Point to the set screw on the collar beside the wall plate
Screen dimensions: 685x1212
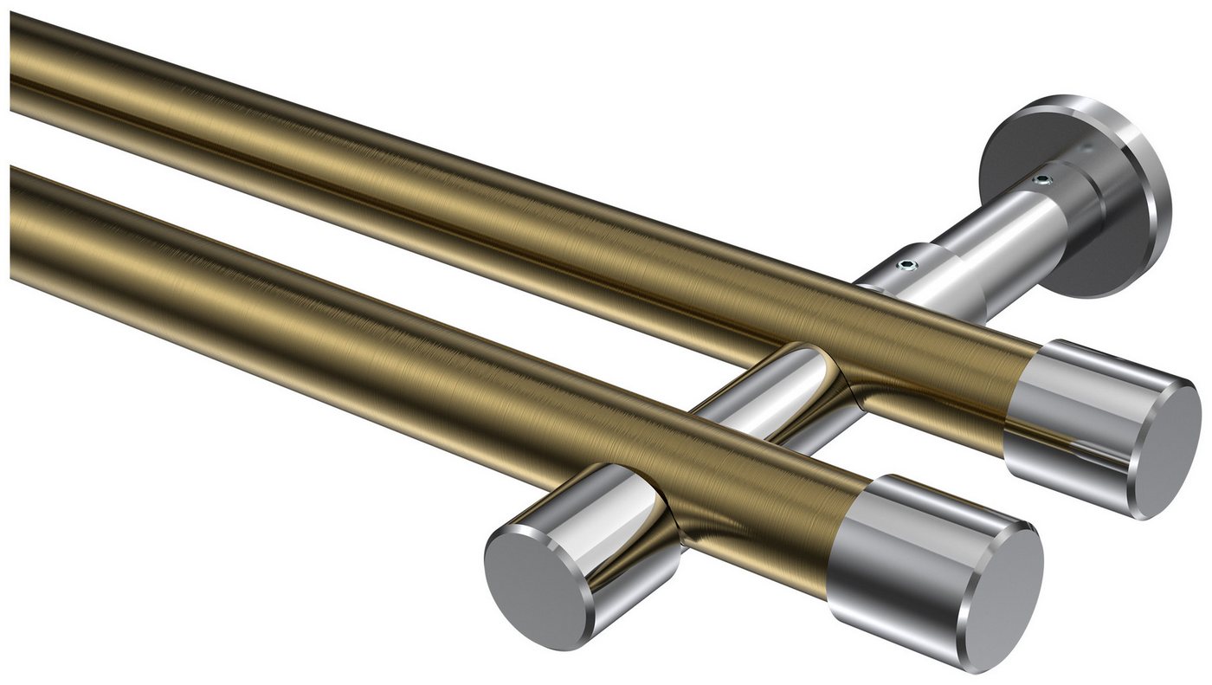[x=1043, y=180]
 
